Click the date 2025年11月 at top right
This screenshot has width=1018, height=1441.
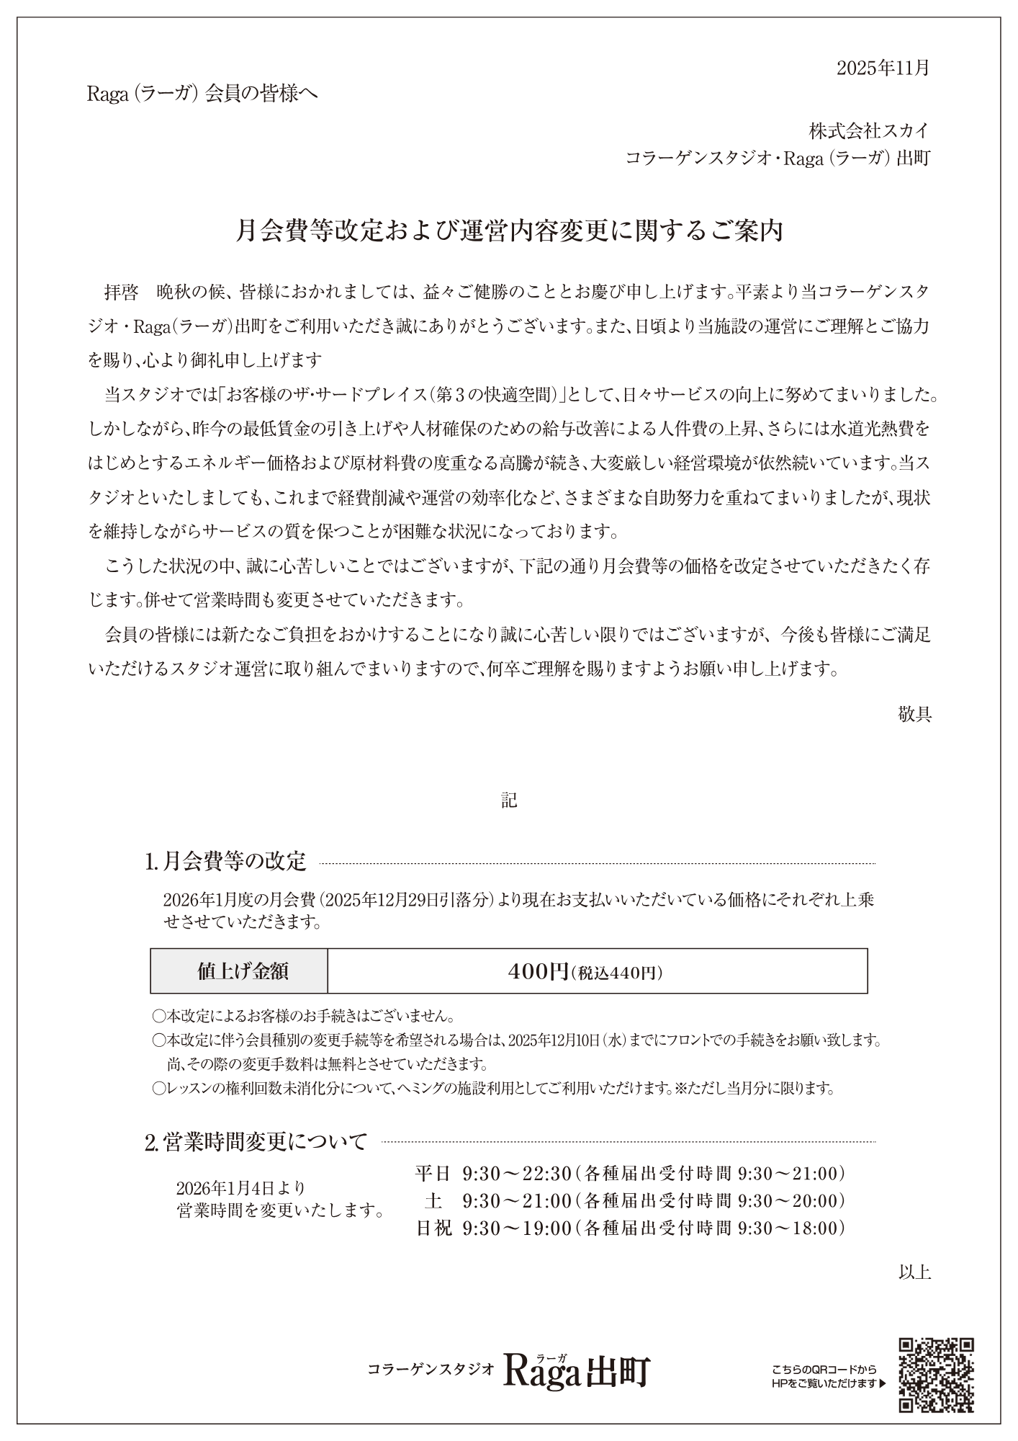coord(883,68)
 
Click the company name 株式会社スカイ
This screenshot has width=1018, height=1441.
coord(869,131)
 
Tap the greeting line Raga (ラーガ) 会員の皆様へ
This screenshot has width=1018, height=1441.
coord(202,94)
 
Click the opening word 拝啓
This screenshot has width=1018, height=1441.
coord(122,292)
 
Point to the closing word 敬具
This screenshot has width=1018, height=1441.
coord(914,714)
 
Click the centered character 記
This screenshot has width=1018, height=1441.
coord(509,800)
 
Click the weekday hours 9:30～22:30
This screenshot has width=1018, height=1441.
coord(516,1174)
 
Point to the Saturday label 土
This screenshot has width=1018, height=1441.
coord(433,1201)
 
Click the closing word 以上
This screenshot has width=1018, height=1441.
coord(914,1272)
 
